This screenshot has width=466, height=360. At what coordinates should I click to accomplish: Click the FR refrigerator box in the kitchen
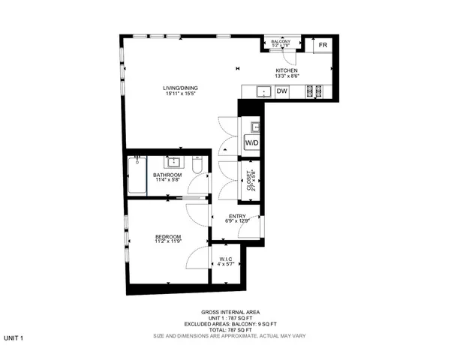tap(323, 46)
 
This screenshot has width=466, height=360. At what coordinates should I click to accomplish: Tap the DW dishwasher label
tap(282, 91)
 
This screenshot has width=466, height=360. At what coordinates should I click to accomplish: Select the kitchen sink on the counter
tap(263, 91)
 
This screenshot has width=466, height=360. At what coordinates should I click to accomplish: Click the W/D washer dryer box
tap(251, 142)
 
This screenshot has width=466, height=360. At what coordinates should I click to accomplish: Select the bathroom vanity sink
tap(172, 162)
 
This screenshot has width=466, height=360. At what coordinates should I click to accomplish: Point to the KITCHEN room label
tap(286, 70)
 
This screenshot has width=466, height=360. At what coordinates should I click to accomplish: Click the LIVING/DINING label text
tap(181, 88)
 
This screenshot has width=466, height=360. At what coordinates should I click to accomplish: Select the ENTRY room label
tap(236, 216)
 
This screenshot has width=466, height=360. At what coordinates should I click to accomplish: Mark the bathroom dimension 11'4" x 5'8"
tap(167, 180)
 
